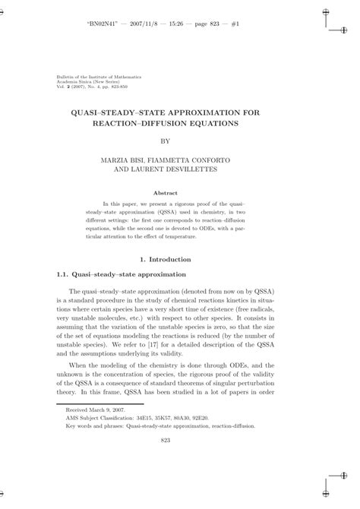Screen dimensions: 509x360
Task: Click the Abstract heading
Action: tap(181, 193)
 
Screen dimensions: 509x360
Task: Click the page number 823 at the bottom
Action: tap(181, 460)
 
